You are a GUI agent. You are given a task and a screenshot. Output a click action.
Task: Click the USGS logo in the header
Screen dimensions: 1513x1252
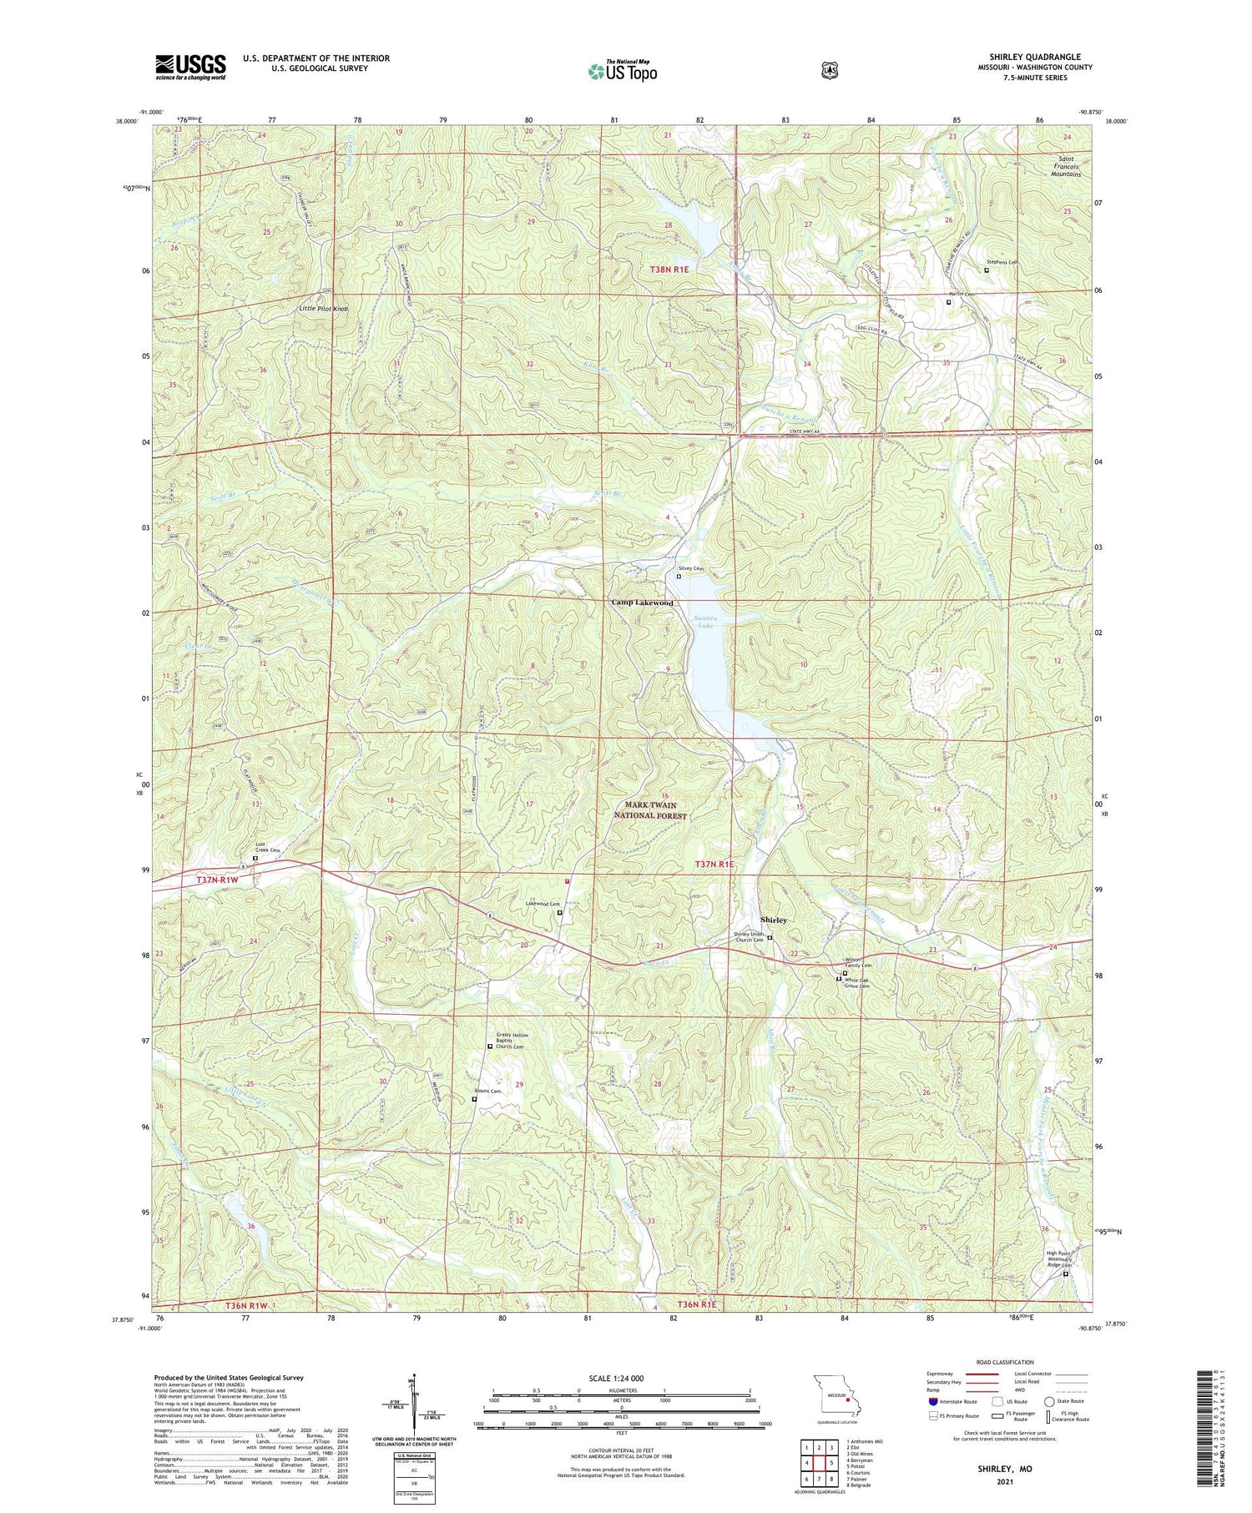[190, 67]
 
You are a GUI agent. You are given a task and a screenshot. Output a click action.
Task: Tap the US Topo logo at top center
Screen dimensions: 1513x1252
[623, 71]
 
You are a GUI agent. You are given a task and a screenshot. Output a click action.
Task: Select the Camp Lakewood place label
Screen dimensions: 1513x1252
[642, 603]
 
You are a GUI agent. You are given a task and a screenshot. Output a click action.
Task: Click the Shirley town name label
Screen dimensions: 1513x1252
[773, 920]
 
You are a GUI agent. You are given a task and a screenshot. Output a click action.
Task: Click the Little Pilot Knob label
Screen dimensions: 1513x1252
[323, 309]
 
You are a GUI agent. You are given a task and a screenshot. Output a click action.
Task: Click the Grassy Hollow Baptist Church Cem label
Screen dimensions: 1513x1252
[511, 1041]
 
